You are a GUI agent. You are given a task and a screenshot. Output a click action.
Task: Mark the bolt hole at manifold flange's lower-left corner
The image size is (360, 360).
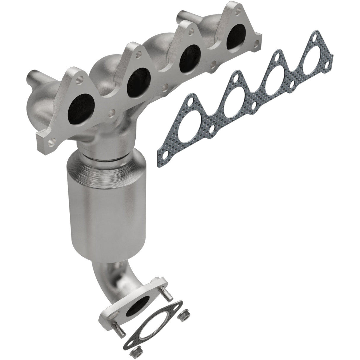coord(52,141)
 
